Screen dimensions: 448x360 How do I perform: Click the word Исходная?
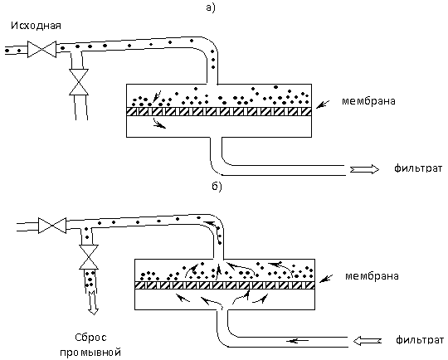point(36,26)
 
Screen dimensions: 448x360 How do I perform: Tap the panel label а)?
point(210,7)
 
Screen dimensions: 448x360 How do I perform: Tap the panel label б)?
point(217,187)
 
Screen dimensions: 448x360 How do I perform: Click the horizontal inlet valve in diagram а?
point(41,50)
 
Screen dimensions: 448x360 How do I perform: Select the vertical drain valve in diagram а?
point(79,82)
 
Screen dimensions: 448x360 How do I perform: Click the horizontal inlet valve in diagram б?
point(52,226)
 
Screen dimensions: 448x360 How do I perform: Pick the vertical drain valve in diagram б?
point(89,257)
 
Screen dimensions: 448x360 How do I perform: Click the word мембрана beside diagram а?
point(368,101)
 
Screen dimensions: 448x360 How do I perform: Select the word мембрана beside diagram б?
point(372,276)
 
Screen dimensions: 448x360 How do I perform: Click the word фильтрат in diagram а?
point(418,168)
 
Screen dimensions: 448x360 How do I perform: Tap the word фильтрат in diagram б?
point(420,340)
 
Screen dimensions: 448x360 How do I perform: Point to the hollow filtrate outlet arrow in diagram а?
point(364,169)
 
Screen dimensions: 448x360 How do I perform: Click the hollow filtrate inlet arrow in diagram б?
point(368,341)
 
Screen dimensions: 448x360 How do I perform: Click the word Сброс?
point(91,338)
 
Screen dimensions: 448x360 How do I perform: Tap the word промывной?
point(90,353)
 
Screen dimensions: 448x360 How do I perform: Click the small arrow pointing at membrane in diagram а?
point(323,105)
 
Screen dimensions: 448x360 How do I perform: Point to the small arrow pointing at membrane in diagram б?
point(326,279)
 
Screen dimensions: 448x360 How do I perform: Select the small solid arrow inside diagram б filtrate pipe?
point(298,341)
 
